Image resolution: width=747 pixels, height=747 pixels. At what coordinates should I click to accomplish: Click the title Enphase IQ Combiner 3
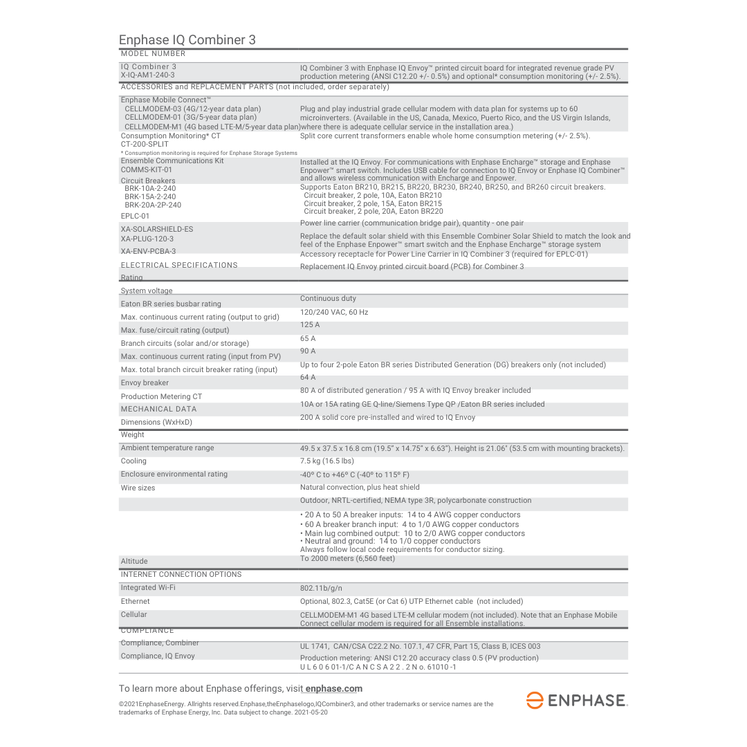tap(187, 40)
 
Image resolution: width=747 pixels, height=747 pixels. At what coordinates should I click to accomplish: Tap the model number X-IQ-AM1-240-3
tap(148, 75)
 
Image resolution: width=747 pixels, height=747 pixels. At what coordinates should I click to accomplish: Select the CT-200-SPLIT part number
tap(145, 144)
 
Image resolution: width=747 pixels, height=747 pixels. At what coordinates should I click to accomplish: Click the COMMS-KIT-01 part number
tap(147, 169)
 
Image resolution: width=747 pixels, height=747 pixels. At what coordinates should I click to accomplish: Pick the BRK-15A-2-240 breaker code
tap(150, 196)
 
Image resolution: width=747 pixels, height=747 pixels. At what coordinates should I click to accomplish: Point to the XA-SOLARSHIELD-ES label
tap(157, 229)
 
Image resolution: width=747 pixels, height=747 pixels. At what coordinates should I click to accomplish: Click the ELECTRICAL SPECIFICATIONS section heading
tap(179, 265)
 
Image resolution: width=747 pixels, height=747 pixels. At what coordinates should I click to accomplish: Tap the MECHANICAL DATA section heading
tap(158, 409)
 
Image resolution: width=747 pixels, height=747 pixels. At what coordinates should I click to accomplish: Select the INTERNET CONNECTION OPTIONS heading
tap(181, 574)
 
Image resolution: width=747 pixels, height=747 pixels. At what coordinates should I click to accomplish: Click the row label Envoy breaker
tap(145, 382)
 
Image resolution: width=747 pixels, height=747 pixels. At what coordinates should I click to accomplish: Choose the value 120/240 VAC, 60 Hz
tap(334, 312)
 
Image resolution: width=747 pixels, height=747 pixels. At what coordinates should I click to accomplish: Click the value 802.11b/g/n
tap(320, 588)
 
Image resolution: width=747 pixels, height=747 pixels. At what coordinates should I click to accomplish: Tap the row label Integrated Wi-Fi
tap(148, 587)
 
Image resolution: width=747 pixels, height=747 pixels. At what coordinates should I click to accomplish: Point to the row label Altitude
tap(134, 561)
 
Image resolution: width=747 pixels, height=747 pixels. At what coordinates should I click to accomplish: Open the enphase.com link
tap(334, 689)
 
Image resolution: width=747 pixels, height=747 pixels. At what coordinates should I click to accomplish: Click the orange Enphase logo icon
tap(535, 700)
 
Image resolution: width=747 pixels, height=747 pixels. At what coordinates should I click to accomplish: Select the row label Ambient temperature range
tap(167, 448)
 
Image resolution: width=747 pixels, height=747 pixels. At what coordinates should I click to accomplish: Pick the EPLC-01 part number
tap(135, 216)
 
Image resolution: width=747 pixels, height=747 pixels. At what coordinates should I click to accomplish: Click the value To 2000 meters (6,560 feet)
tap(347, 558)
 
